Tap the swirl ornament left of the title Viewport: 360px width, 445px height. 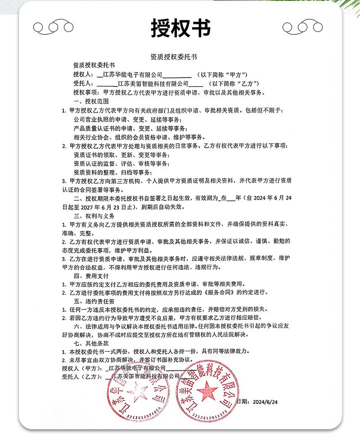tap(54, 27)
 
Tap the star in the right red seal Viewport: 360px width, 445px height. tap(208, 388)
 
